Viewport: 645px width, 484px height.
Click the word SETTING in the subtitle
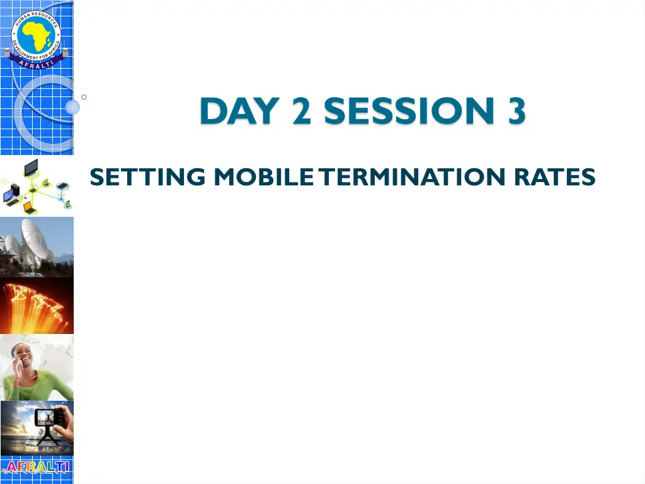coord(147,178)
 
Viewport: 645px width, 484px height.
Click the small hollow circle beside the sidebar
coord(84,97)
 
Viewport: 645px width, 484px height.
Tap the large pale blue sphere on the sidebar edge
coord(72,107)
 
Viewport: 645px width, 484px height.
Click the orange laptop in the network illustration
coord(28,206)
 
